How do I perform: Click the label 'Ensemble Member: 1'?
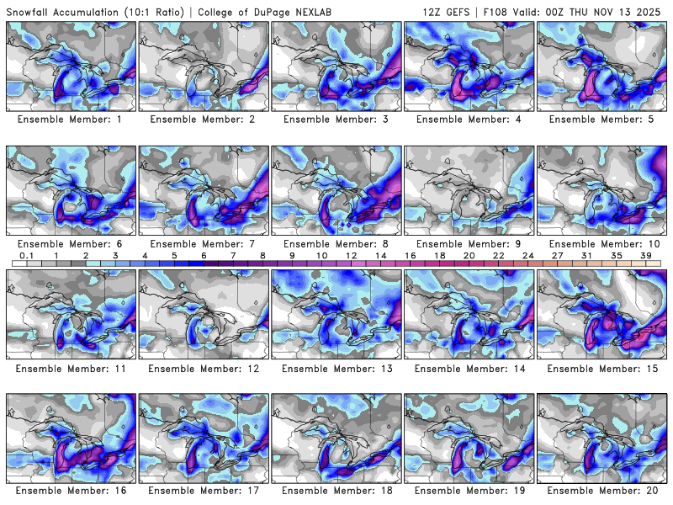tap(71, 120)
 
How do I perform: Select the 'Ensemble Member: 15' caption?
tap(601, 369)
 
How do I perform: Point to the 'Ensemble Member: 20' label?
tap(601, 490)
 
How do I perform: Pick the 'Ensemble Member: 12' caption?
tap(204, 369)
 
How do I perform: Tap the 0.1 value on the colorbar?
tap(26, 255)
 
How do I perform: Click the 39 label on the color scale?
tap(646, 255)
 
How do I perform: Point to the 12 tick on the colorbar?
tap(351, 255)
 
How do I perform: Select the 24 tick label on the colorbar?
tap(527, 255)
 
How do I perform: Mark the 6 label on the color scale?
tap(204, 255)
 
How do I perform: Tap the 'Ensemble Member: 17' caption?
tap(204, 490)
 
